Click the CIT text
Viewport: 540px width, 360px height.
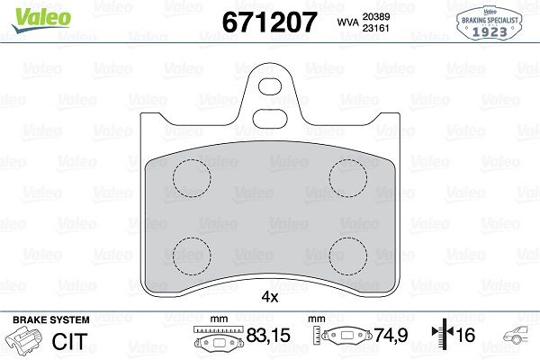point(69,340)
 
